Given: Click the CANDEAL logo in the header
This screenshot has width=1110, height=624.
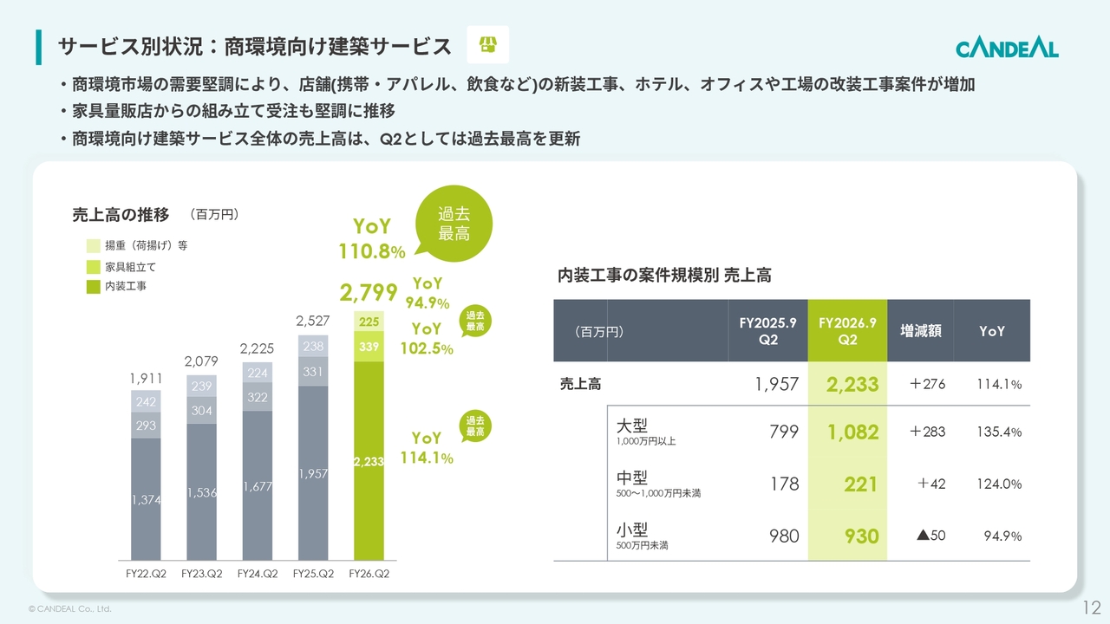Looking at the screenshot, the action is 1007,49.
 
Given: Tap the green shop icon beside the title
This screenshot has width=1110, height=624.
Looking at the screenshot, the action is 487,44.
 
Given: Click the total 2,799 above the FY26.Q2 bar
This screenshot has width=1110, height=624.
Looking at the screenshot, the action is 369,292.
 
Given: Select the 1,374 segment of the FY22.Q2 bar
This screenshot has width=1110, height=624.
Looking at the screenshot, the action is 147,499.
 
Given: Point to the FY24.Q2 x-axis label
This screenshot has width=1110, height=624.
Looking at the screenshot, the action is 258,574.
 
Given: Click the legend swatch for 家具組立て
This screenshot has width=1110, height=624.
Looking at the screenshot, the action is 93,267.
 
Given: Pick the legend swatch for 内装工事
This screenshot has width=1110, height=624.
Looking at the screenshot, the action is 93,287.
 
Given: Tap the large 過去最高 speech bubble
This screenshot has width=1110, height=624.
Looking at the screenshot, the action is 454,224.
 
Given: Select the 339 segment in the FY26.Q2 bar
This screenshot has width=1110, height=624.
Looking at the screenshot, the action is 369,346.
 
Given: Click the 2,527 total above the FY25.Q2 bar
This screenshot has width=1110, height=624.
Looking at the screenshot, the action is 313,321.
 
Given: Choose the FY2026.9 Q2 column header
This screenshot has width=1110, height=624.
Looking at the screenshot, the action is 847,330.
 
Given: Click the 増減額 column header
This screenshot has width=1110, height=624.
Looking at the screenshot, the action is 921,330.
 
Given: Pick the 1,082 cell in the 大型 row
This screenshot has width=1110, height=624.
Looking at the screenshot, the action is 852,432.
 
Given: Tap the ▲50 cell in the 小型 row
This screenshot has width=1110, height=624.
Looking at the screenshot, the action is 931,536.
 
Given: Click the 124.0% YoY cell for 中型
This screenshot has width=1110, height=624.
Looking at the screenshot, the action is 999,484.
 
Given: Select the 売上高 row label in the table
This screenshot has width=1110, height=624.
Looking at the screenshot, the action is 580,384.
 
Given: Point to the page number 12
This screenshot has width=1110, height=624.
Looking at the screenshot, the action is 1092,608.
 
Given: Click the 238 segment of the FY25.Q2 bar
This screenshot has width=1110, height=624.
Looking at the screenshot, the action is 313,346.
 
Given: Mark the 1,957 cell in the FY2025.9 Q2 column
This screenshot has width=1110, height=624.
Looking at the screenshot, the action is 776,384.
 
